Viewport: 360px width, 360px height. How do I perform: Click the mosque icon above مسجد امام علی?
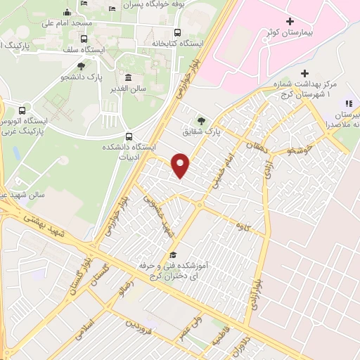click(67, 11)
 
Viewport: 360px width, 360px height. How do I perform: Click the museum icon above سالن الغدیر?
click(128, 77)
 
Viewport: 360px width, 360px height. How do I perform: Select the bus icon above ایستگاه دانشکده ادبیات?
click(128, 136)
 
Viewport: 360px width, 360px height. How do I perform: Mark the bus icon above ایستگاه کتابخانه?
click(176, 32)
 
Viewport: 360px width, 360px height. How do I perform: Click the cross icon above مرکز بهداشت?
click(304, 74)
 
